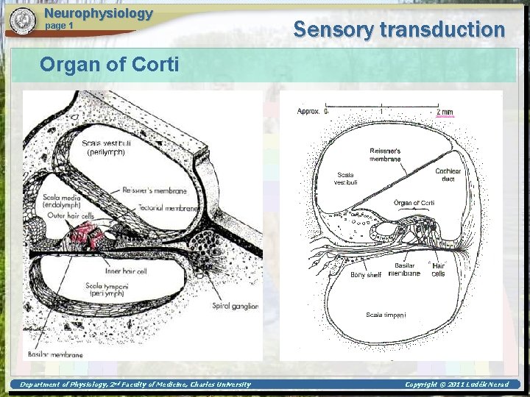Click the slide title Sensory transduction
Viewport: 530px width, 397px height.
pos(399,29)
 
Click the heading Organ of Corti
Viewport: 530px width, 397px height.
pos(109,65)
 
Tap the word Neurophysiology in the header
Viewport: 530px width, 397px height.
pos(98,13)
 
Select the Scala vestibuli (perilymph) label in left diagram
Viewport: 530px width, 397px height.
pos(106,148)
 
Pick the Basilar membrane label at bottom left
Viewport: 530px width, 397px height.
pos(56,354)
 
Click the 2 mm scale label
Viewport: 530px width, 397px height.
pos(445,112)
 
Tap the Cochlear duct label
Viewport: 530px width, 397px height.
pos(448,174)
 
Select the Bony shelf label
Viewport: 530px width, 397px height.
pos(366,275)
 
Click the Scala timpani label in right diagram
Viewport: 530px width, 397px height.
pos(386,315)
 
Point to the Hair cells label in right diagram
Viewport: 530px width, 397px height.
pos(438,269)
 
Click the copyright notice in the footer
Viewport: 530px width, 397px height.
pos(456,384)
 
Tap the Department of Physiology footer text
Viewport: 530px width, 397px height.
pos(135,384)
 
